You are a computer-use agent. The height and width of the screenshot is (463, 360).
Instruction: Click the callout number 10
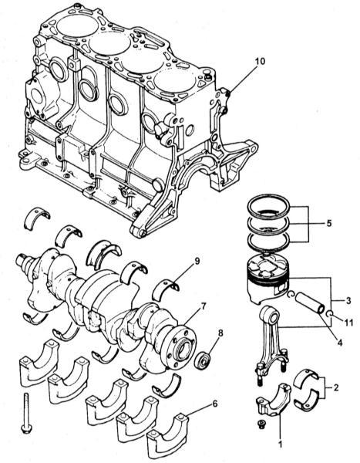tap(260, 62)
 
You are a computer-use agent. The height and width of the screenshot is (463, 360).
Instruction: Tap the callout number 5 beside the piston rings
tap(329, 223)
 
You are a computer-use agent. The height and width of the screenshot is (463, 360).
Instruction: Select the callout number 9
tap(197, 261)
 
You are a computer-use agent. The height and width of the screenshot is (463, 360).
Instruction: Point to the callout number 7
tap(203, 306)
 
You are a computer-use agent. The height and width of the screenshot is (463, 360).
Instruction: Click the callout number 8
tap(220, 333)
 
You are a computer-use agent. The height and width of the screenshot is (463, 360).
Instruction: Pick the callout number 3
tap(348, 301)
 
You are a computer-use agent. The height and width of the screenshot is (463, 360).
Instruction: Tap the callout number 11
tap(348, 323)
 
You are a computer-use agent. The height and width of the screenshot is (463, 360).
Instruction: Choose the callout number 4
tap(339, 343)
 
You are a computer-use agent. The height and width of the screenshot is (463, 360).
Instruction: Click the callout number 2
tap(336, 387)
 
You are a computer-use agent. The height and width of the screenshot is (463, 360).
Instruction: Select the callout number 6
tap(214, 404)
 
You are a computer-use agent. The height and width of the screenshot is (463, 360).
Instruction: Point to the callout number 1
tap(281, 444)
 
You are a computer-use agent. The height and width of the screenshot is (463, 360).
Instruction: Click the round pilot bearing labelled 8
tap(204, 360)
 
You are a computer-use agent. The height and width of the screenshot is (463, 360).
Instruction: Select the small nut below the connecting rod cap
tap(261, 424)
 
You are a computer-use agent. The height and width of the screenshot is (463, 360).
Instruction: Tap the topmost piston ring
tap(268, 207)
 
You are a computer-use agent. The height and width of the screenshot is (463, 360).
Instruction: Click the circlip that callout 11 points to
tap(331, 313)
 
